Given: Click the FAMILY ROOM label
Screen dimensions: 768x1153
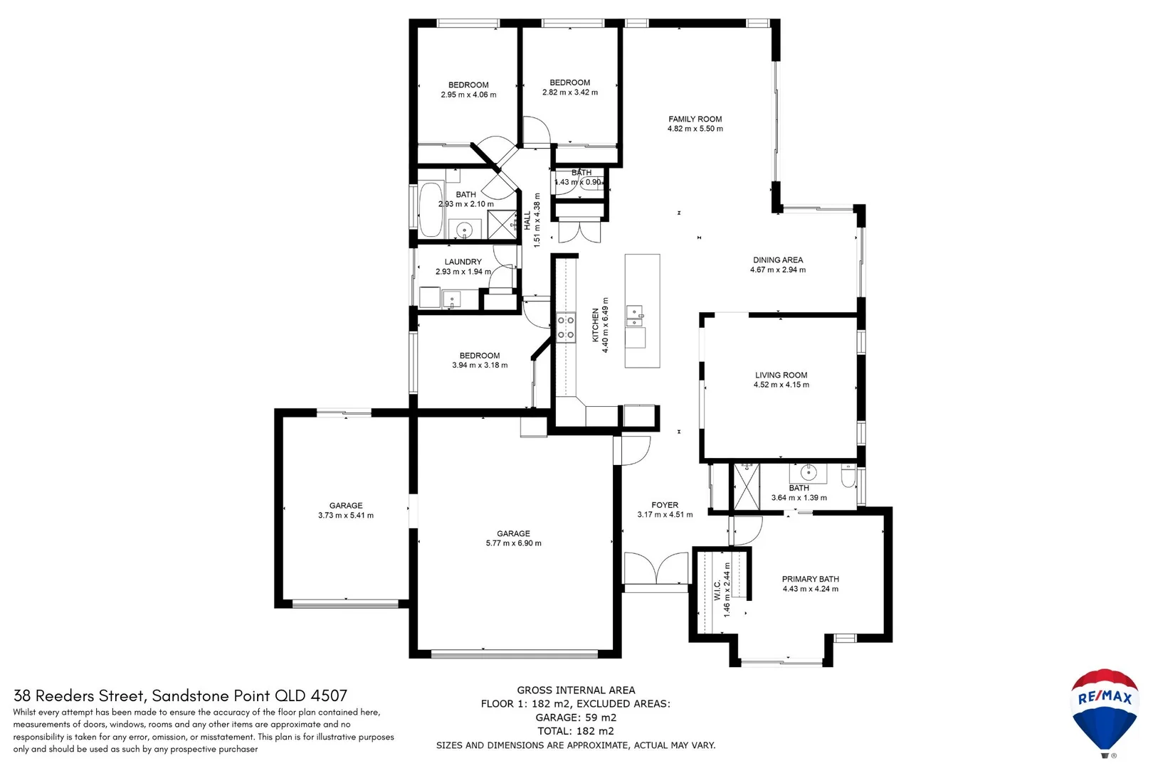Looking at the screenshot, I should [695, 119].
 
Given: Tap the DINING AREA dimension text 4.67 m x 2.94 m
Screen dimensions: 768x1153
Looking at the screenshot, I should [778, 270].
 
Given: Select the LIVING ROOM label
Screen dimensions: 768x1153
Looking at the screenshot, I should [781, 375].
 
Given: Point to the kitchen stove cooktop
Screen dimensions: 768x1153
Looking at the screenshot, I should [566, 328].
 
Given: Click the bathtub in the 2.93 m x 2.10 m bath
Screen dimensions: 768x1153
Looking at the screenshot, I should [430, 210].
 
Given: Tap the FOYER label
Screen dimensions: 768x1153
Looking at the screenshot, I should [665, 505].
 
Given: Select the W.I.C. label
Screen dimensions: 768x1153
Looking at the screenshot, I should [717, 590].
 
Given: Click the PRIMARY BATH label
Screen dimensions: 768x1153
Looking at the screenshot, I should [810, 579].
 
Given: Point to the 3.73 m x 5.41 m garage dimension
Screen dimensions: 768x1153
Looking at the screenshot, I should [346, 516].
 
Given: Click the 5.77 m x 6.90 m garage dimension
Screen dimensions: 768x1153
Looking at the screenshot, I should [513, 543].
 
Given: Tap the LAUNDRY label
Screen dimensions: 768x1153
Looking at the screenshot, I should [463, 262].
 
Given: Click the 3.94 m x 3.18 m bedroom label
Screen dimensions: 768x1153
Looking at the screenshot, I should [479, 356].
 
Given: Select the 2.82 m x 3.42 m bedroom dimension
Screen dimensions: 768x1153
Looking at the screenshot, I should [569, 92].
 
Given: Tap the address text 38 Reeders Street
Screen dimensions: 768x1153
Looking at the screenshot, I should [80, 695].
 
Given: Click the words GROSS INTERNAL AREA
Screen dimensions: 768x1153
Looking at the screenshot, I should [576, 690].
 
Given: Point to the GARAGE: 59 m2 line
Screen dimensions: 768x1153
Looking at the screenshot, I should [576, 718].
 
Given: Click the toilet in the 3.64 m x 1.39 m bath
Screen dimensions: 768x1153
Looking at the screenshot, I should [848, 476].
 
